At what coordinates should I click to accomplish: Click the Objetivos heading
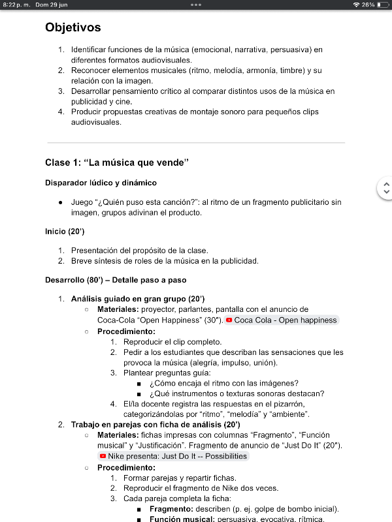point(73,27)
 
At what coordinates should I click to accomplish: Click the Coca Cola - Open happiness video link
point(282,320)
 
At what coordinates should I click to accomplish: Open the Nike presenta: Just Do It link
point(173,456)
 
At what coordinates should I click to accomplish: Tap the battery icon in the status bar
point(383,5)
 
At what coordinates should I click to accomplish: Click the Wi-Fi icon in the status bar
point(356,5)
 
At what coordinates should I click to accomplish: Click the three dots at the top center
point(196,5)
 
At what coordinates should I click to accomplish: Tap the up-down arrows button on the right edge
point(385,189)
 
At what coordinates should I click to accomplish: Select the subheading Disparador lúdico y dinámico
point(101,183)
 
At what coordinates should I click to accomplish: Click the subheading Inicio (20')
point(65,231)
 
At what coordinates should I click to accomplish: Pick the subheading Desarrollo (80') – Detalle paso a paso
point(116,280)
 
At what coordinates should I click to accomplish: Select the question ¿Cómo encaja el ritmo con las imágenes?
point(223,383)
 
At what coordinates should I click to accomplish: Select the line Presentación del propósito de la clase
point(139,250)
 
